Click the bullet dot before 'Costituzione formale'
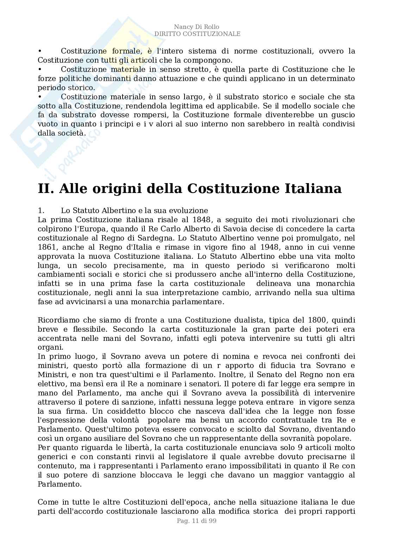coord(40,51)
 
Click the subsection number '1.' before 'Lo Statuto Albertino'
coord(41,211)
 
